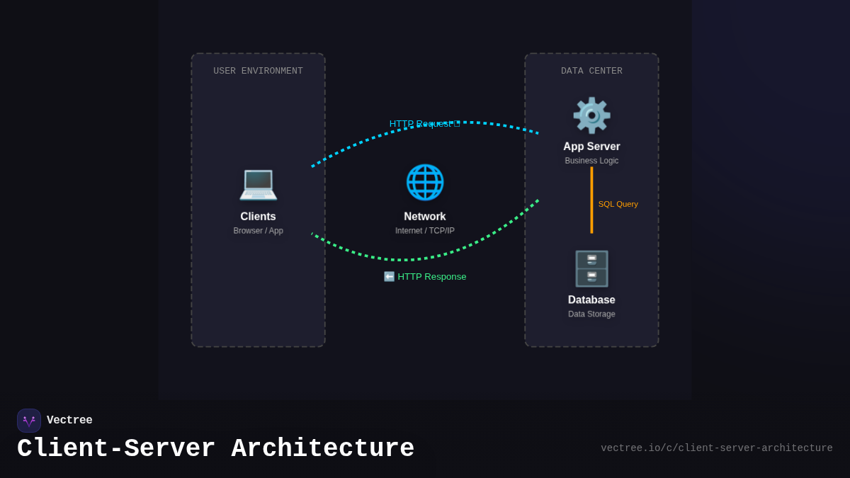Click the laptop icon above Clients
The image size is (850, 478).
coord(258,183)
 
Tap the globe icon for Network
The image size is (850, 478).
coord(425,182)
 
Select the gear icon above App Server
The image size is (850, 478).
coord(591,115)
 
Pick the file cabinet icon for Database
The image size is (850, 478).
coord(591,269)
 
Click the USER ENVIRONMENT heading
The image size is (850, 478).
coord(258,71)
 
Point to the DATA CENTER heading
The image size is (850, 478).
coord(591,71)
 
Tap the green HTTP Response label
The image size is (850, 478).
coord(431,277)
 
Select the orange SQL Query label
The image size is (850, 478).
coord(618,204)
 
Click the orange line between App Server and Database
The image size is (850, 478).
coord(591,200)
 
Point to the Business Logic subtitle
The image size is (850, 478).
coord(591,161)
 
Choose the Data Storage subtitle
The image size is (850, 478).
coord(591,314)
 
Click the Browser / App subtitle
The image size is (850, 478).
coord(258,231)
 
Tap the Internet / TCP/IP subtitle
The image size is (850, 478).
coord(425,231)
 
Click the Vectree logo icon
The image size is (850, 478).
coord(29,421)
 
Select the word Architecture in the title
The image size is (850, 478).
coord(322,449)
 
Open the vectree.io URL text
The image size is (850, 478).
coord(716,448)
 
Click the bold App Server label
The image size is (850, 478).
coord(591,147)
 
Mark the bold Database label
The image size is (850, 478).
coord(591,300)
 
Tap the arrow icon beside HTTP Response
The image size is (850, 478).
coord(389,277)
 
